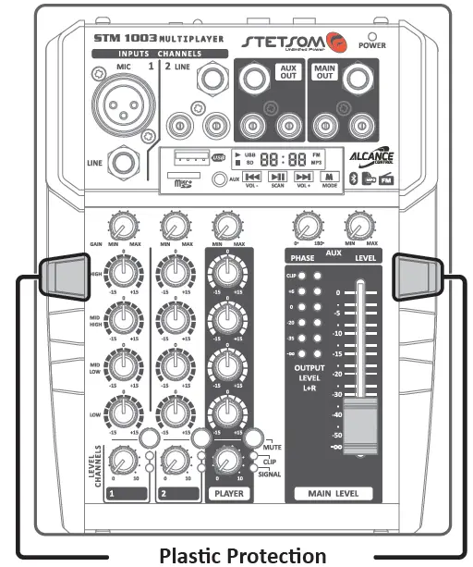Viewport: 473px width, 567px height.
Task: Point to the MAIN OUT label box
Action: point(324,73)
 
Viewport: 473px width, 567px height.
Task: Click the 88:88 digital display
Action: point(258,159)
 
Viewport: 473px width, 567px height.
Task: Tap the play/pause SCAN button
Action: point(277,176)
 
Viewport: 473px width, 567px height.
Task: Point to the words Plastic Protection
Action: point(242,555)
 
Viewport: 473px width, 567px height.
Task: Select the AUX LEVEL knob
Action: point(357,226)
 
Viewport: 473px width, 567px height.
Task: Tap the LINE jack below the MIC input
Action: point(121,164)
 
